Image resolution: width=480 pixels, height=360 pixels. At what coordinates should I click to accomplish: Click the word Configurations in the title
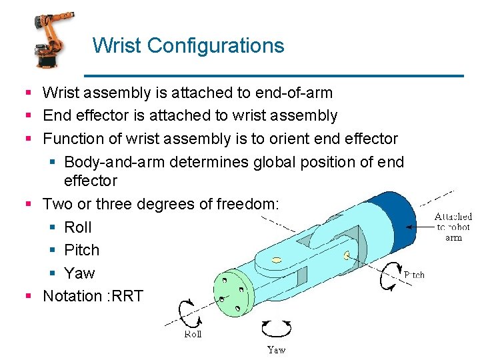215,46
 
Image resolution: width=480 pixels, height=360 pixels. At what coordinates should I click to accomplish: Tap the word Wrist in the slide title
117,46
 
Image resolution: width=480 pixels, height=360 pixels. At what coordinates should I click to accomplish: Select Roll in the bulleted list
78,227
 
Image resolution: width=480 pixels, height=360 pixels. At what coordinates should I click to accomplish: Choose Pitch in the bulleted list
81,250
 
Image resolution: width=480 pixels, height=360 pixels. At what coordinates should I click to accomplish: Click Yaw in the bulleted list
79,273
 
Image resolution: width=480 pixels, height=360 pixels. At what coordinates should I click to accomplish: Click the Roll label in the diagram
193,334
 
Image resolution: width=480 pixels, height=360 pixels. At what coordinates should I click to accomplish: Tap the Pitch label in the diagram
414,275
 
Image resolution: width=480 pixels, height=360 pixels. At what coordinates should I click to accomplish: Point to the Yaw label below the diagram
276,349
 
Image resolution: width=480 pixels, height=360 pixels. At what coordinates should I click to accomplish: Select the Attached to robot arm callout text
453,227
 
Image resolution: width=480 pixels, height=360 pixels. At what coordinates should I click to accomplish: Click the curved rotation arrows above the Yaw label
276,328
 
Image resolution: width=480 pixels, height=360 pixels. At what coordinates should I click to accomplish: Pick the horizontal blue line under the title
273,75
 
